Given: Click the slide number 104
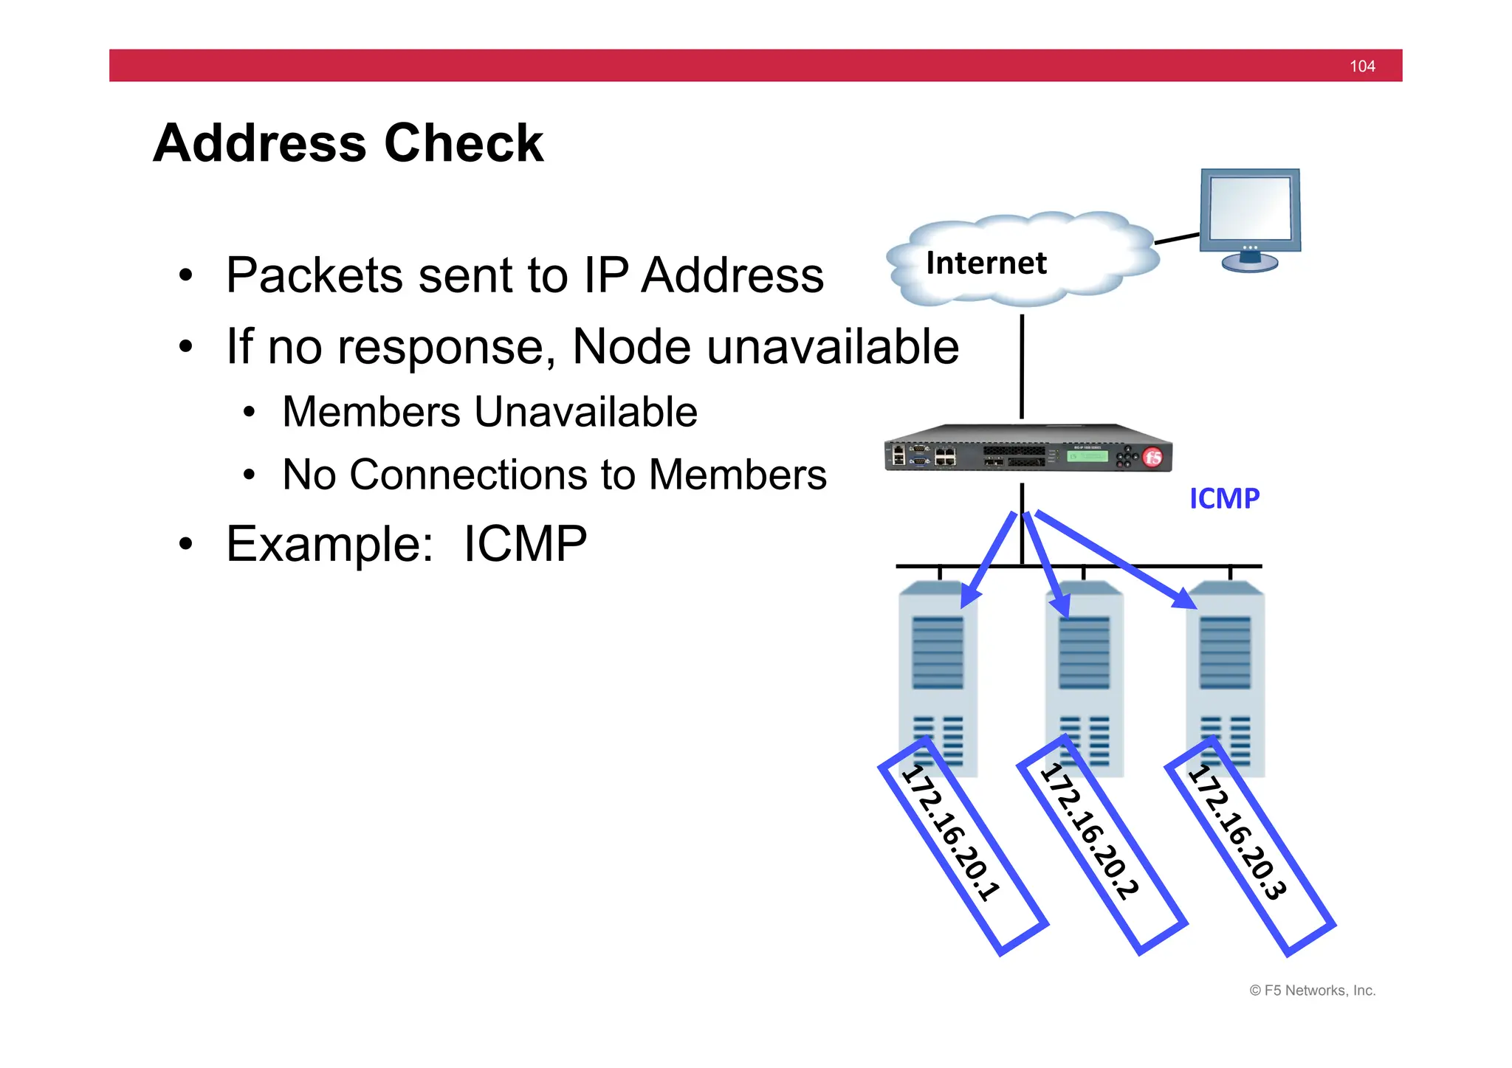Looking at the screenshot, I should pyautogui.click(x=1361, y=66).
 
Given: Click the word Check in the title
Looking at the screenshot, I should pyautogui.click(x=464, y=143).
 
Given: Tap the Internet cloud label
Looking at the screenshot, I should pyautogui.click(x=986, y=263).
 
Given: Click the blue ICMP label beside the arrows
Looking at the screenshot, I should pyautogui.click(x=1223, y=499).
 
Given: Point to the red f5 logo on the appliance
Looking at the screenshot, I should pyautogui.click(x=1152, y=458).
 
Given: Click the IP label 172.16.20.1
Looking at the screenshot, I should pyautogui.click(x=952, y=833).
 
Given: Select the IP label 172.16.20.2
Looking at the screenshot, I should pyautogui.click(x=1090, y=833).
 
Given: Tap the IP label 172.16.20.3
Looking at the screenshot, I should pyautogui.click(x=1237, y=833).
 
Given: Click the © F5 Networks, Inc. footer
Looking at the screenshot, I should pyautogui.click(x=1312, y=991).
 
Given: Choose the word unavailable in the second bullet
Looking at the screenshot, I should pyautogui.click(x=832, y=347).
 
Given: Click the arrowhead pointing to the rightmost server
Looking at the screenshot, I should pyautogui.click(x=1184, y=599).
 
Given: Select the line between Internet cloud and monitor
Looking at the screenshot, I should pyautogui.click(x=1177, y=238).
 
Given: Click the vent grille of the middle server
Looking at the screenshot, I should pyautogui.click(x=1084, y=653).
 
